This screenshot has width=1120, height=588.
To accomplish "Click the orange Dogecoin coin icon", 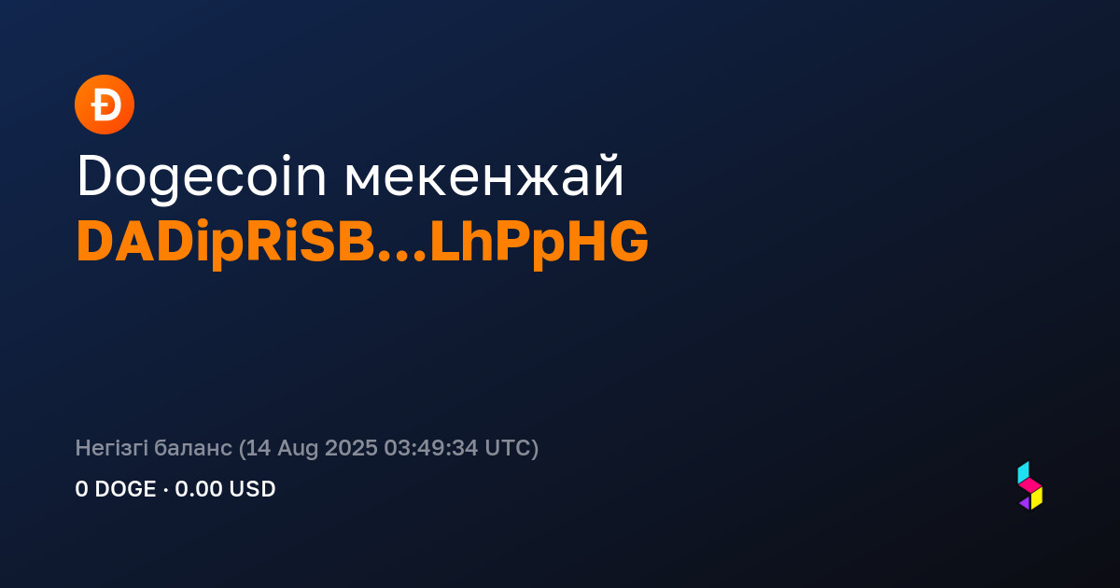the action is [x=105, y=105].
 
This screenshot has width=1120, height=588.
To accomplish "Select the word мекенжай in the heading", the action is [x=484, y=176].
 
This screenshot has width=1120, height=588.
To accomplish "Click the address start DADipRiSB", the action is [x=226, y=243].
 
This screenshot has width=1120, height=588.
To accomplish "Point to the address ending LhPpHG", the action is [x=539, y=243].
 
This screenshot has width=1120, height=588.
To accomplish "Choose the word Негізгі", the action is [x=111, y=447].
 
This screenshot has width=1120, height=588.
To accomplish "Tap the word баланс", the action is [x=193, y=449].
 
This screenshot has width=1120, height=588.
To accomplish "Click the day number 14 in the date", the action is [x=258, y=448].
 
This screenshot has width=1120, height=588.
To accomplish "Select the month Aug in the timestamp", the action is [x=298, y=449].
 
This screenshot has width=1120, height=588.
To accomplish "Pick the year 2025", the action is [x=351, y=448].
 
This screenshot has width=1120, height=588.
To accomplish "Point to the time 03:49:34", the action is [x=431, y=448].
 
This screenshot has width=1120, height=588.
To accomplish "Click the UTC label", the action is [x=507, y=448].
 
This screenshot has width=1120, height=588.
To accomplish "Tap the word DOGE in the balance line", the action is [x=125, y=489].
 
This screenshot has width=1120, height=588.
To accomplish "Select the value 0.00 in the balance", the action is [x=199, y=489].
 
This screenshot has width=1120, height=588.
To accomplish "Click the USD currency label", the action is [x=253, y=489].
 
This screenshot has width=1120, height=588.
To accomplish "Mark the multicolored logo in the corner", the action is [x=1030, y=485].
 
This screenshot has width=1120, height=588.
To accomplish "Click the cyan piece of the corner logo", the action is [x=1023, y=472].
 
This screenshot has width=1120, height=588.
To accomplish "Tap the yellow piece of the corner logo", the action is [x=1037, y=498].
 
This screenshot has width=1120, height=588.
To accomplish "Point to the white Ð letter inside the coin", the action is [x=105, y=105].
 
